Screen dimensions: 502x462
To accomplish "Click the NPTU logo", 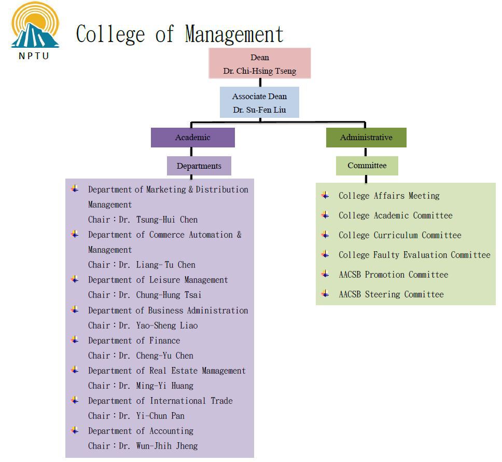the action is pos(35,31).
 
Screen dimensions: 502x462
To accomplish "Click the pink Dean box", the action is pos(260,63).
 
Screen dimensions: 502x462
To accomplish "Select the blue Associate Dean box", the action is pos(259,103).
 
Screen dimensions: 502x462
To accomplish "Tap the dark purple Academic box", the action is pos(193,138).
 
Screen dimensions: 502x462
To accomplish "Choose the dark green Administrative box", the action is pos(366,138).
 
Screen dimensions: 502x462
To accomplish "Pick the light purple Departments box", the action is pos(199,166).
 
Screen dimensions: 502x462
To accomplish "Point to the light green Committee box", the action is pos(367,166).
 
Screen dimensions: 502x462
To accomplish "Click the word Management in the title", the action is pos(234,34).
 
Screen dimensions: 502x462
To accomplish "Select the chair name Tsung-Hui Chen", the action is pos(167,220).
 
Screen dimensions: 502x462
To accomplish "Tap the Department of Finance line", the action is pos(134,341).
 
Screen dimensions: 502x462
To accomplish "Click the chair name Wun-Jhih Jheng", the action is pos(167,446).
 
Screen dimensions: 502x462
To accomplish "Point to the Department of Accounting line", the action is pos(141,431).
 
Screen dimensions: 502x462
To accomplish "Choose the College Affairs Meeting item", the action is pos(389,196).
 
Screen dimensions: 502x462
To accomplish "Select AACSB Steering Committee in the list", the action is pos(391,294).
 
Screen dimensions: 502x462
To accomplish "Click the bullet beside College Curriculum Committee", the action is pos(325,235).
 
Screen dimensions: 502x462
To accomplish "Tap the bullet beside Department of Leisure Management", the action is pos(75,279).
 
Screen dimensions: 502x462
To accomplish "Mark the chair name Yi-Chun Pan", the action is pos(160,416).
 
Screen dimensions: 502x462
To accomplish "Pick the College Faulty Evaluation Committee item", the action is pos(414,255).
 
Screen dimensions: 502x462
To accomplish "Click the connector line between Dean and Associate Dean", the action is pos(260,83).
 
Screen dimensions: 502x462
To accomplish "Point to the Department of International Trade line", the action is pos(160,401).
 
